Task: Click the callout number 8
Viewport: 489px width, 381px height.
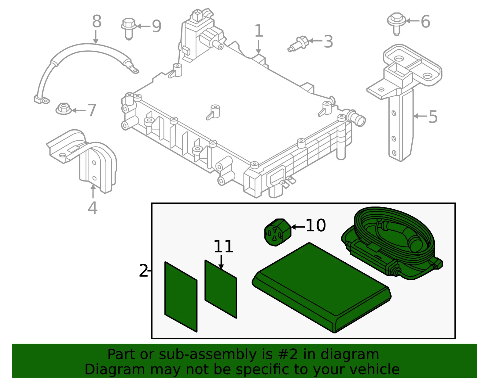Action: click(x=97, y=22)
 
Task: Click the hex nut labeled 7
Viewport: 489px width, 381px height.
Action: click(x=64, y=109)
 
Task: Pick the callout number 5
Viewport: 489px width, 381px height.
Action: click(x=433, y=117)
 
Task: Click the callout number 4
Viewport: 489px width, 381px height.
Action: click(x=93, y=208)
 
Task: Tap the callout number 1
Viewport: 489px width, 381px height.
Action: click(x=259, y=31)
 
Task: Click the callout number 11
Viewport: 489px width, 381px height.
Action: click(x=223, y=246)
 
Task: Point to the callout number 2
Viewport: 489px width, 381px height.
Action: click(x=143, y=271)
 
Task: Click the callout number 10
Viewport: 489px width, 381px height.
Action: click(x=316, y=225)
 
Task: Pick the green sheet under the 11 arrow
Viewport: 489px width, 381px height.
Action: click(x=221, y=289)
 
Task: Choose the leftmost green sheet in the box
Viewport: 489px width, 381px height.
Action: click(x=181, y=297)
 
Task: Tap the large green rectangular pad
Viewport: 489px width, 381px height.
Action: click(x=321, y=288)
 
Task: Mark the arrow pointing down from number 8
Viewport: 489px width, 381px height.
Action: click(x=96, y=37)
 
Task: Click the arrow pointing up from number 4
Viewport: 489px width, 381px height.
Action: click(x=93, y=191)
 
